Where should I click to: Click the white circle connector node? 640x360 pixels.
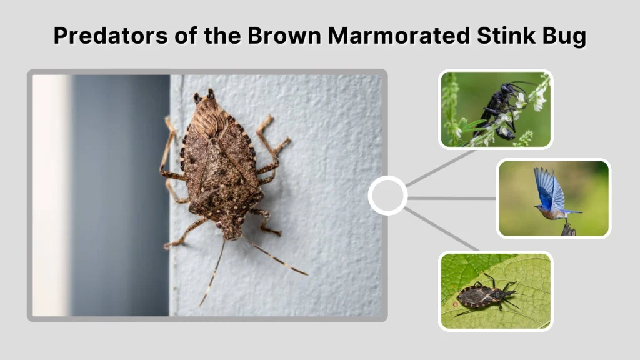(387, 196)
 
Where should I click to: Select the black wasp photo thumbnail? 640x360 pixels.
(496, 109)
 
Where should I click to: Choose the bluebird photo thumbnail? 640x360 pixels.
(553, 198)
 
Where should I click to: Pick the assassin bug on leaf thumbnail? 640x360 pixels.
(496, 291)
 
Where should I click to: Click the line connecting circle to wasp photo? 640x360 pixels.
(437, 168)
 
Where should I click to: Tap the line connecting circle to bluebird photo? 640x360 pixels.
(451, 198)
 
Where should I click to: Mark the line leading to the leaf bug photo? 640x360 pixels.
(441, 228)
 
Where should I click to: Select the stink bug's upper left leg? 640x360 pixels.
(169, 147)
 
